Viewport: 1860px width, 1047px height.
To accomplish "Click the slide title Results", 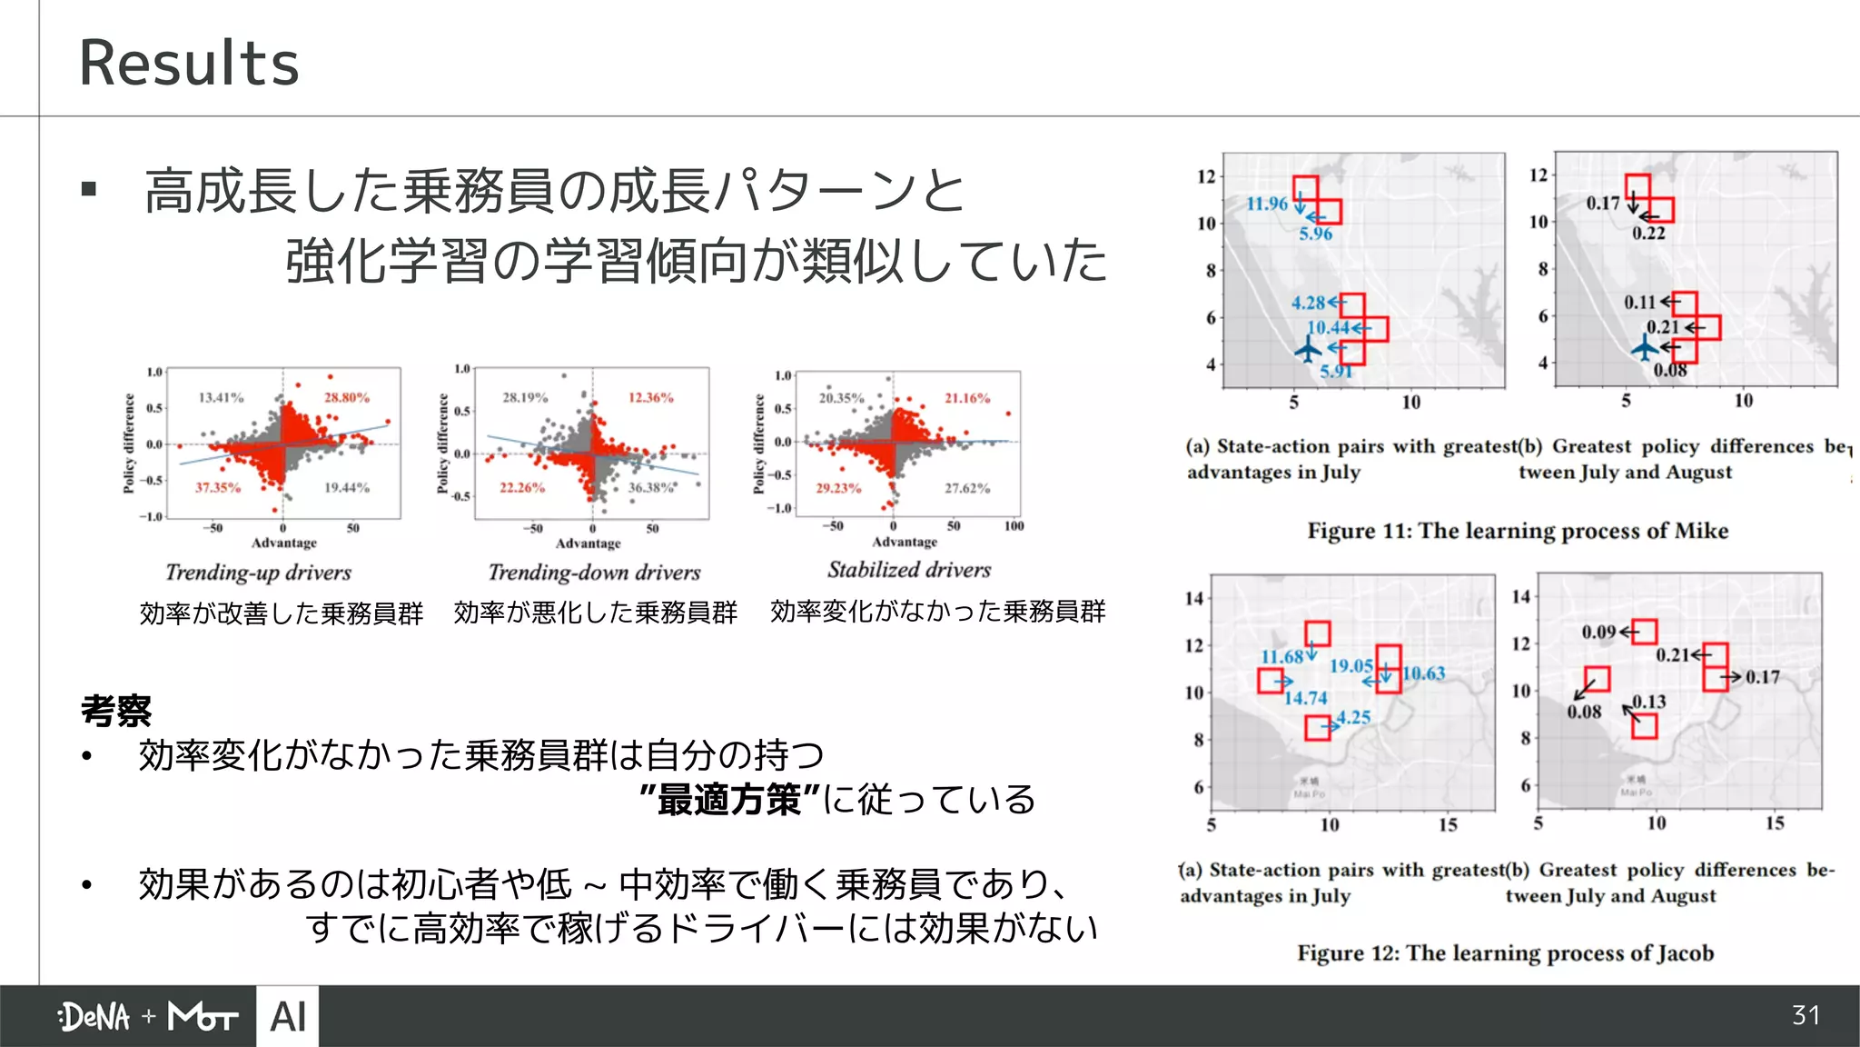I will [189, 63].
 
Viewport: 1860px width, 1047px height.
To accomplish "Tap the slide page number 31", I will [1806, 1015].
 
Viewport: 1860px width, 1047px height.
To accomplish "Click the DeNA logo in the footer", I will [94, 1017].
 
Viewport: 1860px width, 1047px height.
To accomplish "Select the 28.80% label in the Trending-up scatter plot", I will [347, 397].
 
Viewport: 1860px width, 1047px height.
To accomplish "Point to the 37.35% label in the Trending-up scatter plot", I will [218, 488].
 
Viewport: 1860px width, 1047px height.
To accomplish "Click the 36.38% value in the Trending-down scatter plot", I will [651, 488].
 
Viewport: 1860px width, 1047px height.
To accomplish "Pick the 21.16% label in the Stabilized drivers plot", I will [967, 398].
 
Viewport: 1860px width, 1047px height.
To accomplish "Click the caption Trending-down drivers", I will [594, 573].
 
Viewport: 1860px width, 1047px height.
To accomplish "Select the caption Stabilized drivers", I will [908, 570].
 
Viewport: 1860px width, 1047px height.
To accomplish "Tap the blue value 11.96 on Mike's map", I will [1266, 204].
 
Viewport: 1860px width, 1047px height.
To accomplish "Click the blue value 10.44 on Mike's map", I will [1327, 327].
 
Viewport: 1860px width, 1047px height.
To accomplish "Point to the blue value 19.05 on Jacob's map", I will [1350, 666].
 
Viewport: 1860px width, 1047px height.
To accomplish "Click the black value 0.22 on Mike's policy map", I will [1648, 234].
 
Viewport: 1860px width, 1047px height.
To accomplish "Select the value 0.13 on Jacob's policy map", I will [1649, 702].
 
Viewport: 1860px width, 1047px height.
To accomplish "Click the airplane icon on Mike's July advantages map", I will [1308, 348].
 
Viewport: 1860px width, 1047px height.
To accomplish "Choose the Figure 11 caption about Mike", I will [1518, 531].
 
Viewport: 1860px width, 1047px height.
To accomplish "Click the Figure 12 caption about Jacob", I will [1505, 953].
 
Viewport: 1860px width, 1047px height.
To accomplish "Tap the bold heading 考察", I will [116, 711].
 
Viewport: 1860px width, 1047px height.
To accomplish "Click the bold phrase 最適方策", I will [729, 800].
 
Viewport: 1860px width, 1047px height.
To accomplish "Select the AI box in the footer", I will [288, 1017].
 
